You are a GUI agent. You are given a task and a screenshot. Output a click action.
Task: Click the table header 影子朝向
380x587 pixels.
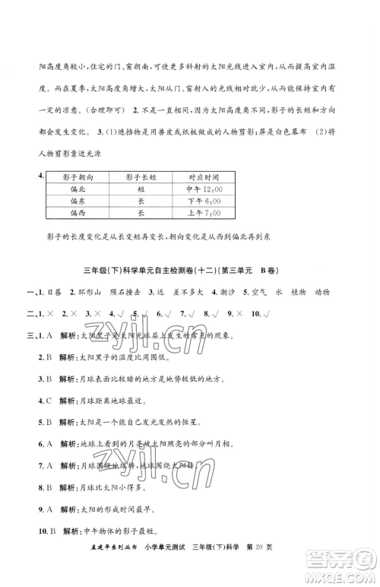pyautogui.click(x=78, y=177)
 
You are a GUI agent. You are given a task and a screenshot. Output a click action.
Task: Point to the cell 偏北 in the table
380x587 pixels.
pyautogui.click(x=78, y=189)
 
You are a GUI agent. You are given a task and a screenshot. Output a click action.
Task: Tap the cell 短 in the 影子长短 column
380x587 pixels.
pyautogui.click(x=141, y=189)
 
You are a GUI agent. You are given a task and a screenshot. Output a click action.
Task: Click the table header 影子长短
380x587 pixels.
pyautogui.click(x=141, y=177)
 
